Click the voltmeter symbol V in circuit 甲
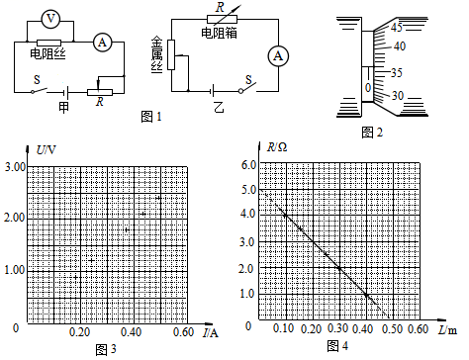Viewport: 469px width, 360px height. [x=50, y=19]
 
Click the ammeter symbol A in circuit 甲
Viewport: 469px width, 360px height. [x=103, y=43]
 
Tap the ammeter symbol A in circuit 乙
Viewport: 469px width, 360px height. [x=278, y=56]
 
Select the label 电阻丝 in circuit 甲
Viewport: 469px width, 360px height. [x=47, y=53]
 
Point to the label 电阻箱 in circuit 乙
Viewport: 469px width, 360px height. [x=219, y=33]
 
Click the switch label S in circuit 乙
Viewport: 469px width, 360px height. [x=248, y=79]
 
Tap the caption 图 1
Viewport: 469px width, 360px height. [x=151, y=117]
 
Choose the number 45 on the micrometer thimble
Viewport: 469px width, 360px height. [x=397, y=28]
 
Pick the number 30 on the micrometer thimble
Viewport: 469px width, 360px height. [x=398, y=96]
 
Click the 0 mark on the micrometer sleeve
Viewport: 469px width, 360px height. [x=368, y=88]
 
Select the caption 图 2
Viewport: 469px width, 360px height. [x=372, y=133]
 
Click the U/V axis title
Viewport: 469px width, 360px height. [x=46, y=150]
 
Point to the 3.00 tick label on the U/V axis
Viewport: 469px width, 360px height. [x=15, y=167]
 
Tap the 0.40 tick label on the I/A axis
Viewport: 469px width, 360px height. [x=131, y=332]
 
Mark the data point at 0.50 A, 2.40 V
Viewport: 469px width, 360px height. [x=158, y=198]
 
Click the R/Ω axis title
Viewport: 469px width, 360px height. [x=277, y=147]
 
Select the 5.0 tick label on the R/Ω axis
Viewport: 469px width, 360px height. [x=248, y=190]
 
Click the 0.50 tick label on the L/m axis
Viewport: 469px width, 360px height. [x=393, y=329]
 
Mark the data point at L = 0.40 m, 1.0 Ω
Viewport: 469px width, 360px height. [x=366, y=294]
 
